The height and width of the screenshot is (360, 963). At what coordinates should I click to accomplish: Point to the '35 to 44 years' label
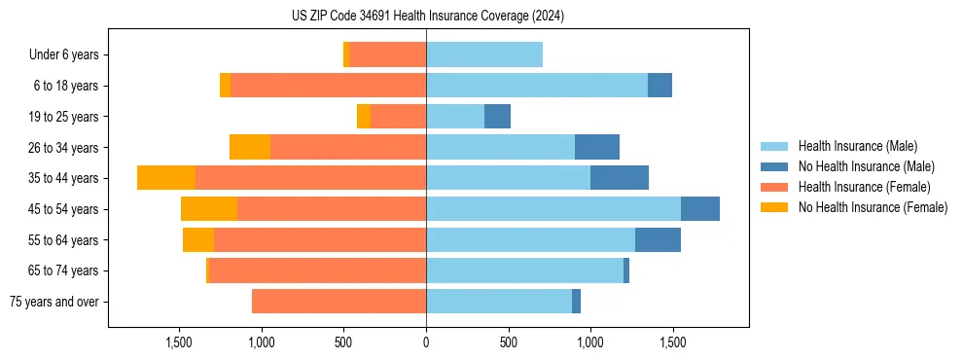click(64, 178)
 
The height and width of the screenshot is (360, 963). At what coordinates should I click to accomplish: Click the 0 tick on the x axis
click(426, 342)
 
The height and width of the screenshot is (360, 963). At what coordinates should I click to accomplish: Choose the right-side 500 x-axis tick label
click(508, 342)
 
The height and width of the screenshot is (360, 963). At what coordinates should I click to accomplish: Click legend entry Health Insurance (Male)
click(857, 146)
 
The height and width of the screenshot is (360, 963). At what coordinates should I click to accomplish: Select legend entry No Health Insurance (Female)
click(873, 207)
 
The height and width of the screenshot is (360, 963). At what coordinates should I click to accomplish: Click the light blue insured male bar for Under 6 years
click(484, 55)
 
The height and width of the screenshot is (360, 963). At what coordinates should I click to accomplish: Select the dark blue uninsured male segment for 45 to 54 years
click(700, 209)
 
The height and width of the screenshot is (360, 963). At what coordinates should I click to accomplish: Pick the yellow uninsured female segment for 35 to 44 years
click(166, 178)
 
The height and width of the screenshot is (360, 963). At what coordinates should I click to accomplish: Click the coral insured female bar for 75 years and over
click(339, 302)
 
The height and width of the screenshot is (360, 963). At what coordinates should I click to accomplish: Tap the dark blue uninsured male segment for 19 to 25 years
click(497, 117)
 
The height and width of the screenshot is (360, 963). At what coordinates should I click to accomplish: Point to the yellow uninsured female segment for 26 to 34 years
click(250, 147)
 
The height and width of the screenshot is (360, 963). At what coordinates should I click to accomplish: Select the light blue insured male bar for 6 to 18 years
click(537, 86)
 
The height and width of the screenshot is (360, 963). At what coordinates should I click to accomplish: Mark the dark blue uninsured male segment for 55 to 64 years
click(658, 239)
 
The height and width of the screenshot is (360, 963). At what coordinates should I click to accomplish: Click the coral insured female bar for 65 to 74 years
click(318, 270)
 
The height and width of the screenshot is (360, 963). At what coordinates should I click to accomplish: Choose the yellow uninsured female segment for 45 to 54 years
click(209, 209)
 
